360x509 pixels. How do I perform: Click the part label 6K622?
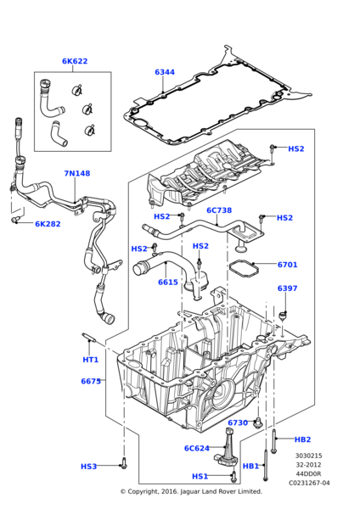75,61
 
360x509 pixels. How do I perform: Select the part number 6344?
165,72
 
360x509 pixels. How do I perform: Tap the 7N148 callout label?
76,173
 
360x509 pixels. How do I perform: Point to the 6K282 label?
48,224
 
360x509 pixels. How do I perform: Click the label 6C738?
219,210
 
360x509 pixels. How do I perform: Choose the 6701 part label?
287,265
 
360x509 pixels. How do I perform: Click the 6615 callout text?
168,282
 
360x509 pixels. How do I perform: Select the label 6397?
287,288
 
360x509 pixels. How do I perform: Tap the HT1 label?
91,360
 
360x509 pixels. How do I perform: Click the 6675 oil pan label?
92,381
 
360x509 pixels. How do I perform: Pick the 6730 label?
238,422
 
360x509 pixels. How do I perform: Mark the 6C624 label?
197,448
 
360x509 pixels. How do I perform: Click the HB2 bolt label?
302,439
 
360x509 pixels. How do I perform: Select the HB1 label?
250,466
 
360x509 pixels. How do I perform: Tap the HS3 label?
89,466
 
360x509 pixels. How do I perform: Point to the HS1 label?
200,476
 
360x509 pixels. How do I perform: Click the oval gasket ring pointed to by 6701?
248,270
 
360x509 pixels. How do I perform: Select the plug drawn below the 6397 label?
284,316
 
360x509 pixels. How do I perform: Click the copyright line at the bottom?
190,491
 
